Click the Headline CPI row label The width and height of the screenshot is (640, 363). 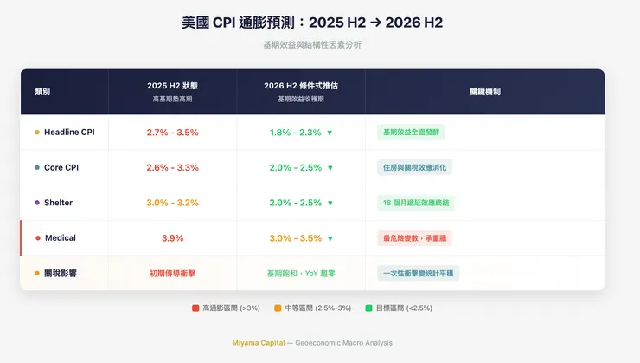pyautogui.click(x=69, y=133)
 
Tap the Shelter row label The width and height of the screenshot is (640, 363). pyautogui.click(x=59, y=203)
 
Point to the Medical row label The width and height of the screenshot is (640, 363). pyautogui.click(x=60, y=238)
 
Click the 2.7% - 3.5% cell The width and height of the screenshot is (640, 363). pyautogui.click(x=172, y=133)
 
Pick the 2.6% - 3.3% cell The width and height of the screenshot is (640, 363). pyautogui.click(x=172, y=167)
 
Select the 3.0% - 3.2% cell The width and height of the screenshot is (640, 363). pyautogui.click(x=172, y=203)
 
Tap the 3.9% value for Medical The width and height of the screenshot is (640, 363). pyautogui.click(x=172, y=238)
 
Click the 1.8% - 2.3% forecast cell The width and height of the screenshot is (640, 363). pyautogui.click(x=295, y=133)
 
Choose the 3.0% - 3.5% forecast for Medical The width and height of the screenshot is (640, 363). pyautogui.click(x=295, y=238)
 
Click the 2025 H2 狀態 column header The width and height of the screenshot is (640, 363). pyautogui.click(x=172, y=87)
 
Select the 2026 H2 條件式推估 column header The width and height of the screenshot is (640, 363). pyautogui.click(x=301, y=87)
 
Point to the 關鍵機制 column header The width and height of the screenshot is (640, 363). pyautogui.click(x=484, y=91)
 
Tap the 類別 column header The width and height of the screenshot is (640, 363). pyautogui.click(x=42, y=91)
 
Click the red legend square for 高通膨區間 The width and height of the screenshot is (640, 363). pyautogui.click(x=195, y=308)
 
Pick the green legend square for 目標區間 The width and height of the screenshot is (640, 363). pyautogui.click(x=370, y=308)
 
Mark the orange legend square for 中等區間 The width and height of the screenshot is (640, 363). pyautogui.click(x=278, y=308)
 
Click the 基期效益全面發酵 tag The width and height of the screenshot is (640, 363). pyautogui.click(x=412, y=133)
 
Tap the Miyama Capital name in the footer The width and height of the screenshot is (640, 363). pyautogui.click(x=258, y=343)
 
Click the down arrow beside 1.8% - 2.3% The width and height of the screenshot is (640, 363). pyautogui.click(x=330, y=133)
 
